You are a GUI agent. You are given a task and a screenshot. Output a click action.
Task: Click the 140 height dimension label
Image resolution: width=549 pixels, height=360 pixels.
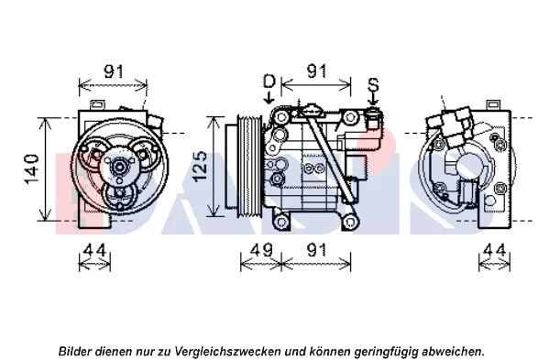pos(31,169)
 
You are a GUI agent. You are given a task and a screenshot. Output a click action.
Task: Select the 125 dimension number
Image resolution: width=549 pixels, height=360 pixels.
pos(201,166)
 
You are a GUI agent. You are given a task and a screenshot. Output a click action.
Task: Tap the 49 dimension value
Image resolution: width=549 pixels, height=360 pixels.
pos(261,250)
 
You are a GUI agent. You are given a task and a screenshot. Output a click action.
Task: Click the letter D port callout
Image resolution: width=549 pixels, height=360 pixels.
pos(269,82)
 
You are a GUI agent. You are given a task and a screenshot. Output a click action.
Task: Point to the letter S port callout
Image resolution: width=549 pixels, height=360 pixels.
pos(373,85)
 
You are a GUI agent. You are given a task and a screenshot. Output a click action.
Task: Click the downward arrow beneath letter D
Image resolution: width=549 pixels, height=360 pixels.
pos(269,98)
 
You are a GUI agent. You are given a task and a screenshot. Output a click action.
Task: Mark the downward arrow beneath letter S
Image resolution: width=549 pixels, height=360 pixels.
pos(373,100)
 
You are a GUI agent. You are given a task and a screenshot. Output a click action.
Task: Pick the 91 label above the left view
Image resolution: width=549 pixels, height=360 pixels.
pos(114,71)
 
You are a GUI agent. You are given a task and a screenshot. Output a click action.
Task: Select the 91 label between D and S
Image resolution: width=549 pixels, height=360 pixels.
pos(316,71)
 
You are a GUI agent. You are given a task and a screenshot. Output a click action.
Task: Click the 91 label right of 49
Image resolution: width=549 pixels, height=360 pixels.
pos(316,250)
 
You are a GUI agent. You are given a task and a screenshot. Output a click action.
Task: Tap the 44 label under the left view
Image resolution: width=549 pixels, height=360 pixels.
pos(95,250)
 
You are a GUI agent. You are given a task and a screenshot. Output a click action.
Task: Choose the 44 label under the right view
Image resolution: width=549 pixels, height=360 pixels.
pos(494,250)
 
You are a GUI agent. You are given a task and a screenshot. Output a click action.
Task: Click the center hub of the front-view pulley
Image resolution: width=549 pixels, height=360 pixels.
pos(119,168)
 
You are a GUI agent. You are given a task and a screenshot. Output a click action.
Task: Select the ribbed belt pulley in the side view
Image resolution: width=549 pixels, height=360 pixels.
pos(249,166)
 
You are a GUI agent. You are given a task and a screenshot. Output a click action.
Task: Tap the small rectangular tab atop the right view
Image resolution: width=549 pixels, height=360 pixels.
pos(493,104)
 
